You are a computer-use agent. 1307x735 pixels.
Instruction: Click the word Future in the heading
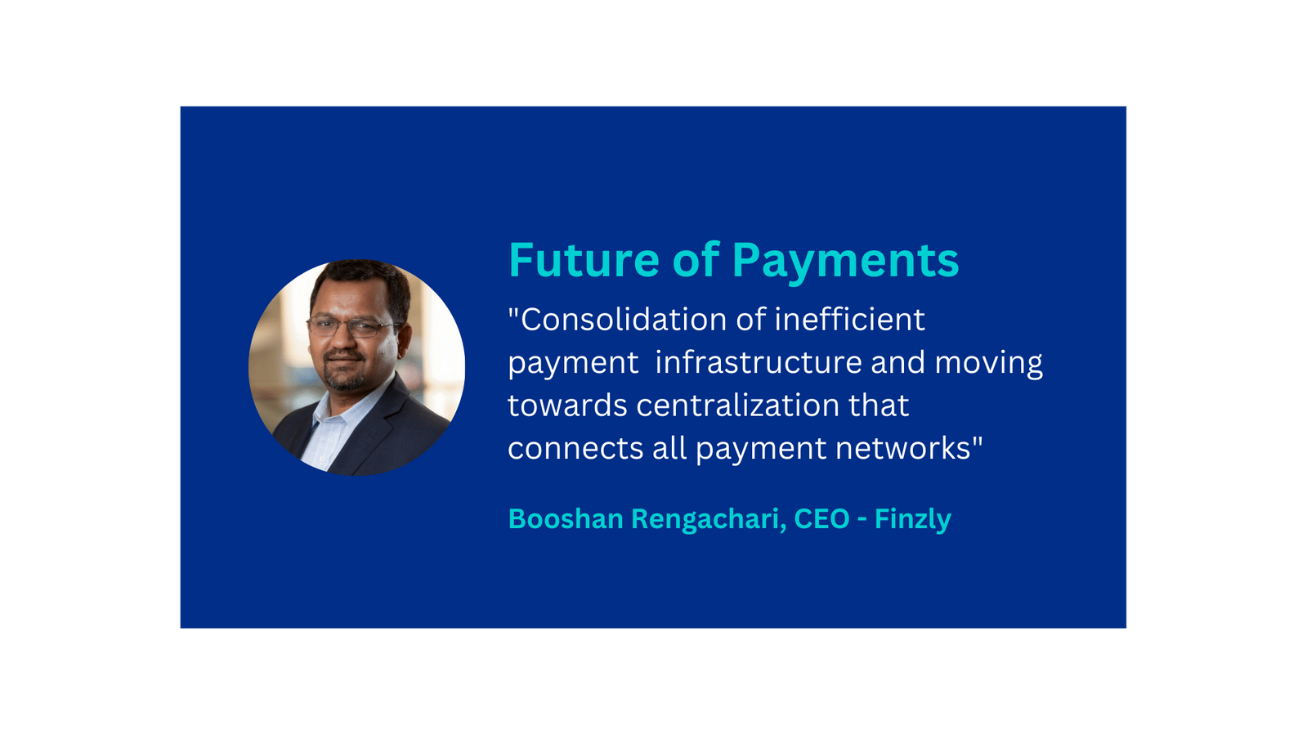pyautogui.click(x=584, y=260)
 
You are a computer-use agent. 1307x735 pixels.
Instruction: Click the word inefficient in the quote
pyautogui.click(x=849, y=320)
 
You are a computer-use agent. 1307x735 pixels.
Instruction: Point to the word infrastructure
pyautogui.click(x=759, y=362)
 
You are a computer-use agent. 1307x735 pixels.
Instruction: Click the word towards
pyautogui.click(x=567, y=406)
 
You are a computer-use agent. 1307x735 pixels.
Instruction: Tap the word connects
pyautogui.click(x=575, y=449)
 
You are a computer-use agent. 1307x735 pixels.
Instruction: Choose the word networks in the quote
pyautogui.click(x=902, y=448)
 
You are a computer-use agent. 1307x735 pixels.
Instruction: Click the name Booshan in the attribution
pyautogui.click(x=566, y=518)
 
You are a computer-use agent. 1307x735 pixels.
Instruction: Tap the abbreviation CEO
pyautogui.click(x=821, y=518)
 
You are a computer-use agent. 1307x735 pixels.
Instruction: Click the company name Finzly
pyautogui.click(x=912, y=520)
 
